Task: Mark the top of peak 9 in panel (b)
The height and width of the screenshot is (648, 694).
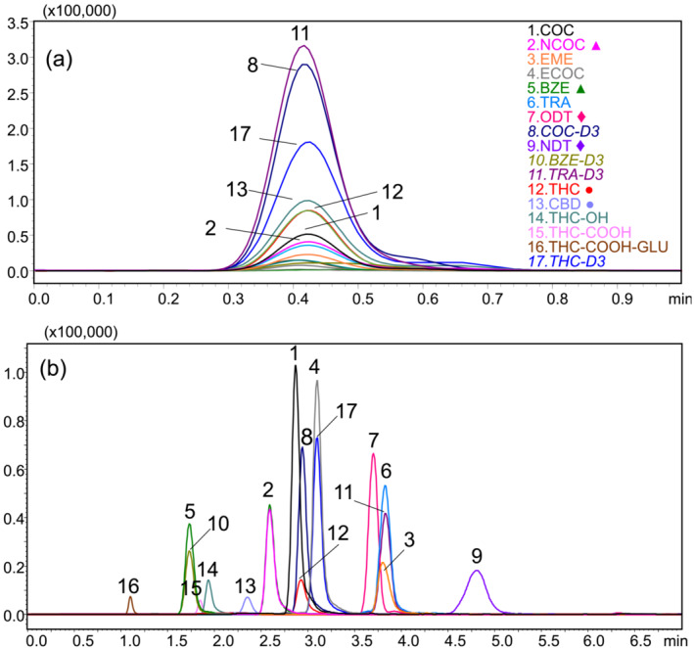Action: [x=477, y=571]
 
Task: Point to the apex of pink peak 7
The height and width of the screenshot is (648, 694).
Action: [x=373, y=454]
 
